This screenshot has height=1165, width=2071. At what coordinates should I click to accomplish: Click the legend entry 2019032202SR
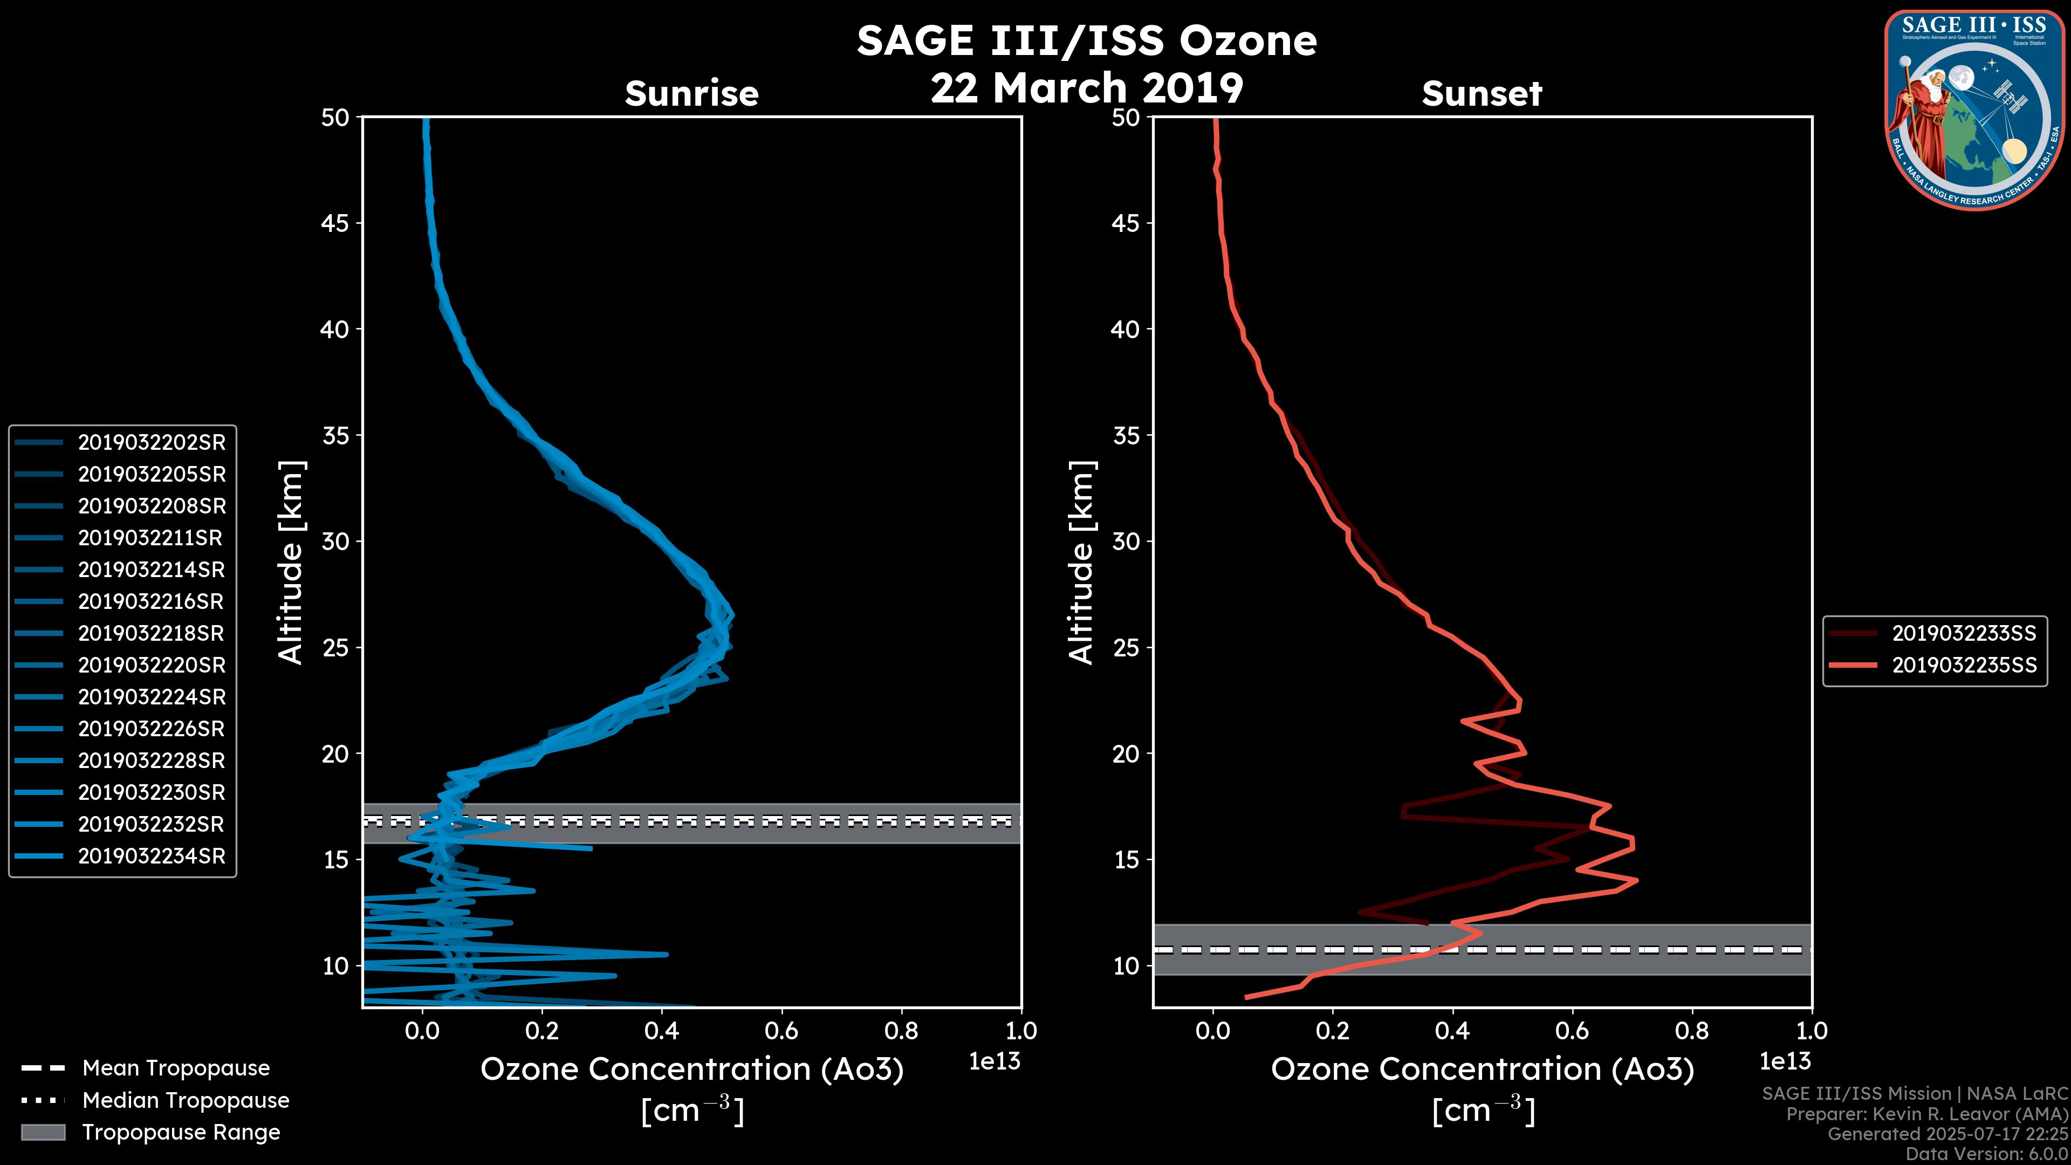(151, 442)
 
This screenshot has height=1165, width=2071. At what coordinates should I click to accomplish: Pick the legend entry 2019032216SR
(151, 601)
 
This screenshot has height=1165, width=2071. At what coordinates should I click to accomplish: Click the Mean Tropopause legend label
(176, 1068)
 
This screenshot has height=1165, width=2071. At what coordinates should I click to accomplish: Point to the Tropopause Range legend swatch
(43, 1132)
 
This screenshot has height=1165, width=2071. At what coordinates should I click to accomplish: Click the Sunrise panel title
(691, 93)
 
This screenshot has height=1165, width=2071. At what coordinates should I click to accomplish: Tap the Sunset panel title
(1482, 93)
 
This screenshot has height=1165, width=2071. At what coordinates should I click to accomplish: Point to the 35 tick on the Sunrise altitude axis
(336, 436)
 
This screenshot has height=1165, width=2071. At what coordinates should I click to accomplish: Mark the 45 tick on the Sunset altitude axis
(1126, 223)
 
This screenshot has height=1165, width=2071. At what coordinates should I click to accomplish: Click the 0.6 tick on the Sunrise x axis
(781, 1031)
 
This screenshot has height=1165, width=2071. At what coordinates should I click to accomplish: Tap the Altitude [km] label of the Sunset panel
(1081, 563)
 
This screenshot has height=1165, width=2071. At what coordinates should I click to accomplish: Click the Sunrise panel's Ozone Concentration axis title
(691, 1070)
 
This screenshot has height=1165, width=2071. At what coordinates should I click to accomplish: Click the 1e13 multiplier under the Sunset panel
(1785, 1061)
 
